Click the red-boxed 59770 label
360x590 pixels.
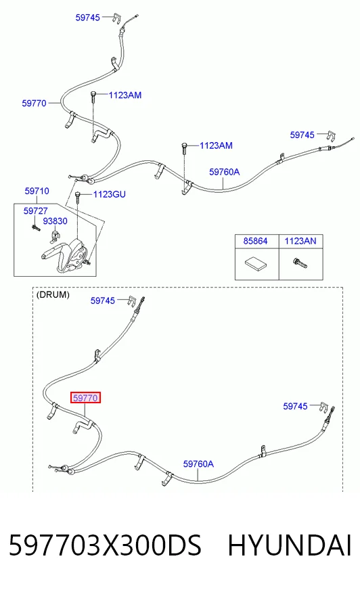pyautogui.click(x=86, y=398)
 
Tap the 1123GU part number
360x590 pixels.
pyautogui.click(x=110, y=194)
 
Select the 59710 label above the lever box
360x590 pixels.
pyautogui.click(x=37, y=191)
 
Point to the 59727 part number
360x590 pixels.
pyautogui.click(x=36, y=210)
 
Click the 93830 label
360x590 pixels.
pyautogui.click(x=55, y=221)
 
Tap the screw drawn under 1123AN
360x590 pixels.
pyautogui.click(x=300, y=263)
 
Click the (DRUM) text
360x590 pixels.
pyautogui.click(x=53, y=294)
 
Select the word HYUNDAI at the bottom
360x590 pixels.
pyautogui.click(x=290, y=545)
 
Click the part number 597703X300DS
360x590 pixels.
pyautogui.click(x=106, y=545)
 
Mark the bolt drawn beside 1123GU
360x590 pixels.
pyautogui.click(x=78, y=197)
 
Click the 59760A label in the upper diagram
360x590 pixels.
pyautogui.click(x=225, y=172)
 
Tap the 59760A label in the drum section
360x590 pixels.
pyautogui.click(x=199, y=464)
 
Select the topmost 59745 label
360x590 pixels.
pyautogui.click(x=88, y=18)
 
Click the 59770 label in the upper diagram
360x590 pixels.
pyautogui.click(x=35, y=103)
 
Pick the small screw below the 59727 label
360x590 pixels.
pyautogui.click(x=36, y=227)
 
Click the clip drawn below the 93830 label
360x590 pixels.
pyautogui.click(x=55, y=237)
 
